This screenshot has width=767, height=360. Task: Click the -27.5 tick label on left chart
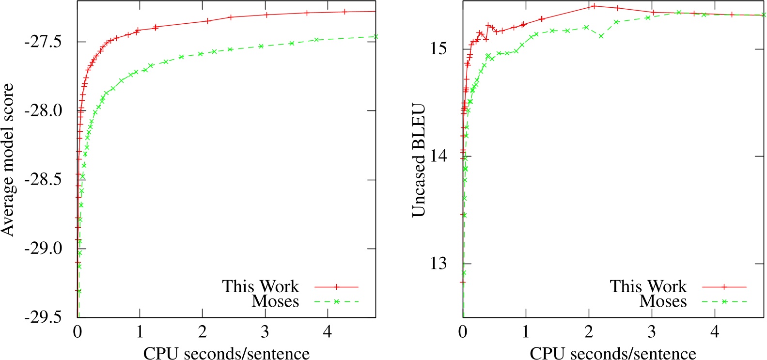tap(43, 42)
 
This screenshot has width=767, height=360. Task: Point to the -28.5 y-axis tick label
tap(43, 180)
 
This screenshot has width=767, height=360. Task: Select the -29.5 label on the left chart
tap(43, 317)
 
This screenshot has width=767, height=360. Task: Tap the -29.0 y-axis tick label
tap(43, 249)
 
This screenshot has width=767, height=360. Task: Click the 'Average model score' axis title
tap(8, 160)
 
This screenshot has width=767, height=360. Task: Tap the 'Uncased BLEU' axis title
tap(419, 160)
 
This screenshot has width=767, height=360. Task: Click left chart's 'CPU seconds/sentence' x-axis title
tap(226, 353)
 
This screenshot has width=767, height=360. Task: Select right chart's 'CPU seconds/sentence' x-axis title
tap(613, 353)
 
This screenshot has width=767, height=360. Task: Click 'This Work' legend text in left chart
tap(261, 286)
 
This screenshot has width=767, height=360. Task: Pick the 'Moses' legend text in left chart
tap(275, 301)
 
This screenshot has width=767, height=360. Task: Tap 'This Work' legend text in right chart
tap(648, 286)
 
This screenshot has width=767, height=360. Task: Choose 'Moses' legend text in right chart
tap(663, 301)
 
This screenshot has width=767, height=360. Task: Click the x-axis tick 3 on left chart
tap(265, 332)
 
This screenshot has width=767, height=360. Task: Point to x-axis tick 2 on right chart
tap(589, 332)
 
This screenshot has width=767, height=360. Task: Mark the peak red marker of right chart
tap(594, 6)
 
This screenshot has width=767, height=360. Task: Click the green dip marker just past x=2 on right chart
tap(601, 36)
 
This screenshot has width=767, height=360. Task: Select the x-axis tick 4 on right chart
tap(715, 332)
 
